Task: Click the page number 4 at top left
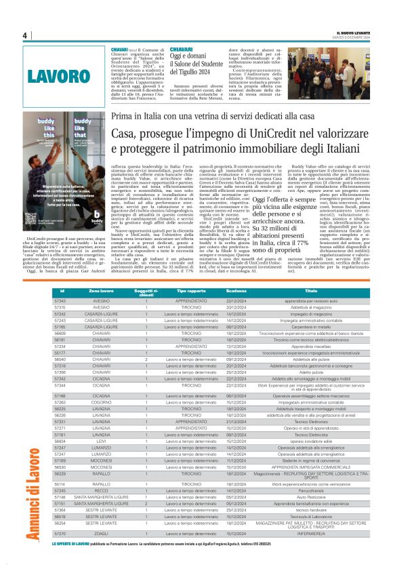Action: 24,35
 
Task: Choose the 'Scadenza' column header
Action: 236,290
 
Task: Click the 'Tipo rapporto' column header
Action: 186,290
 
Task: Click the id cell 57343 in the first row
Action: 60,300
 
